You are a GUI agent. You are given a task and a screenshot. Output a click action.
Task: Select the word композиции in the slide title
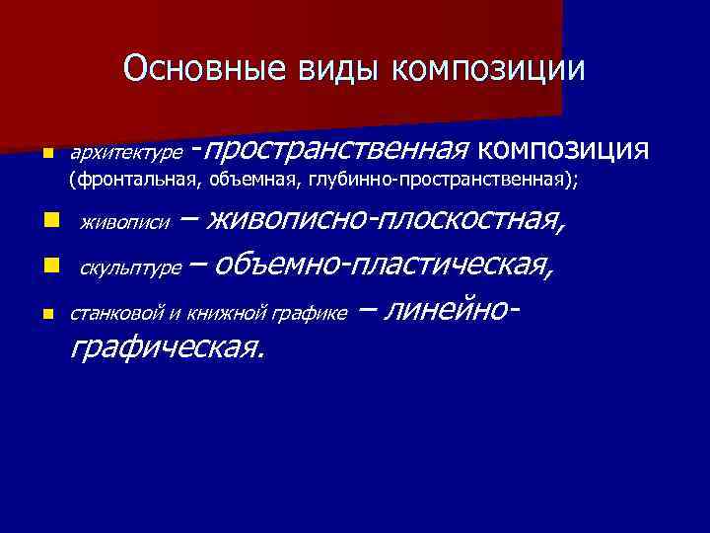pyautogui.click(x=488, y=68)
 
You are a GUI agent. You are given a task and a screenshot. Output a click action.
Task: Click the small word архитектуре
pyautogui.click(x=125, y=153)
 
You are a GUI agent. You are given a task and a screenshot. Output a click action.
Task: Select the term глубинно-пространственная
pyautogui.click(x=434, y=180)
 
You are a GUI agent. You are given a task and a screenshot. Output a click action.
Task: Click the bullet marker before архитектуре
pyautogui.click(x=47, y=154)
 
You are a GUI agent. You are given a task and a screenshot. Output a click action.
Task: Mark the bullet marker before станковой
pyautogui.click(x=47, y=314)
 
